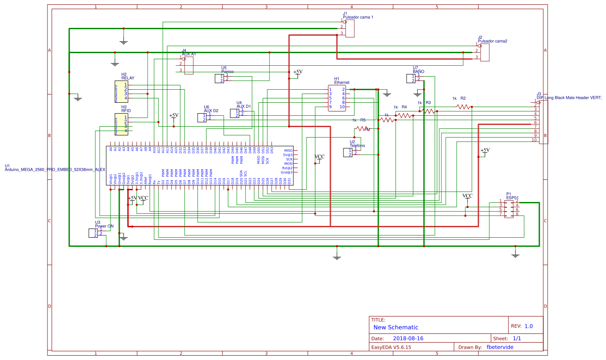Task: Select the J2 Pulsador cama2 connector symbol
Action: click(485, 52)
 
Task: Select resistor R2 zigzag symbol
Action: click(464, 106)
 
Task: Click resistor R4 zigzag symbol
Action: click(404, 115)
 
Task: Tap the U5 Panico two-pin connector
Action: click(219, 78)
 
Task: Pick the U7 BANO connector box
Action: click(410, 78)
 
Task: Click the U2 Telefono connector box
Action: click(347, 152)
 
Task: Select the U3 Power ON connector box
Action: click(93, 233)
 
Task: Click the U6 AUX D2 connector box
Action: click(202, 118)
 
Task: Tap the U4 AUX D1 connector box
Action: click(234, 113)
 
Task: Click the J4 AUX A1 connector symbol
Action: click(189, 65)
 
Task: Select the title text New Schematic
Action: click(396, 327)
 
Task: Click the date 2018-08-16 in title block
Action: click(408, 338)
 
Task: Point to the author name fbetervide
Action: click(500, 347)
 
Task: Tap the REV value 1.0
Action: click(529, 326)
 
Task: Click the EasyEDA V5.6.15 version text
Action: click(391, 347)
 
